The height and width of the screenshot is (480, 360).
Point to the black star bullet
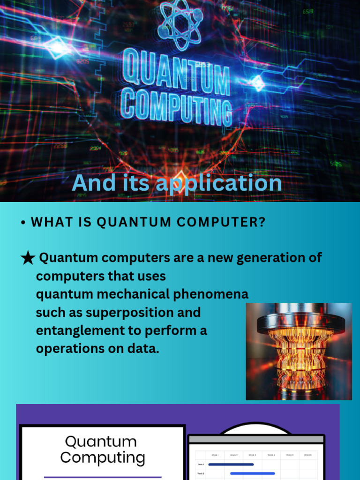tap(28, 258)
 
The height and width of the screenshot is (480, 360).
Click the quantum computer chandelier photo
tap(299, 351)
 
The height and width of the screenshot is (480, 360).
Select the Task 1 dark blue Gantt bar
tap(231, 464)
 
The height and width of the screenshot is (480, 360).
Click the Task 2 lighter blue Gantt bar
tap(252, 473)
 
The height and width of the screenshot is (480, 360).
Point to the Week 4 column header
tap(270, 455)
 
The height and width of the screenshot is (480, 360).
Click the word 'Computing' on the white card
tap(103, 457)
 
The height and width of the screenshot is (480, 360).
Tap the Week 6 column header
tap(307, 455)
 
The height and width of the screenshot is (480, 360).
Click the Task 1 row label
tap(201, 465)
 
